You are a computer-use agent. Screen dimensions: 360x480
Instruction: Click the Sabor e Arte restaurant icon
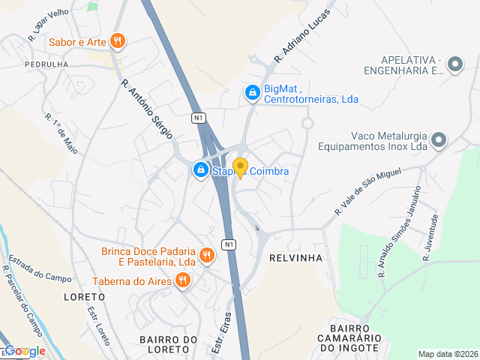tap(116, 41)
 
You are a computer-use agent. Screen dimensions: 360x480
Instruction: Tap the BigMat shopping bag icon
tap(253, 92)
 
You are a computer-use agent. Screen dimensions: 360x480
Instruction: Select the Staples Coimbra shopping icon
tap(201, 171)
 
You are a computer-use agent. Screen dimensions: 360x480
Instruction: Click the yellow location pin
tap(240, 167)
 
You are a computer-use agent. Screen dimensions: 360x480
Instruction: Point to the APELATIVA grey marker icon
tap(454, 65)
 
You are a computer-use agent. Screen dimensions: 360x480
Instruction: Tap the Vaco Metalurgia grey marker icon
tap(439, 140)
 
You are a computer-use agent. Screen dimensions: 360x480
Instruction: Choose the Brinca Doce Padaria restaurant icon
tap(208, 256)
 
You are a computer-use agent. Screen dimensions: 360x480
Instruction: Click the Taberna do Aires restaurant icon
tap(182, 281)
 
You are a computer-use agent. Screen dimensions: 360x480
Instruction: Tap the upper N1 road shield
tap(198, 118)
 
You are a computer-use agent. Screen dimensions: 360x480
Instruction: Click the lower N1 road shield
tap(229, 244)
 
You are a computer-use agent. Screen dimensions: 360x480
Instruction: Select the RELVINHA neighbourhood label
tap(295, 257)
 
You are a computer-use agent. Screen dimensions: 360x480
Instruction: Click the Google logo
tap(25, 351)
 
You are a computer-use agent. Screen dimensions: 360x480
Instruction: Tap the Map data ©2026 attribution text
tap(447, 354)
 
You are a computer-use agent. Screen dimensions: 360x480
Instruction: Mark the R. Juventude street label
tap(430, 237)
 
